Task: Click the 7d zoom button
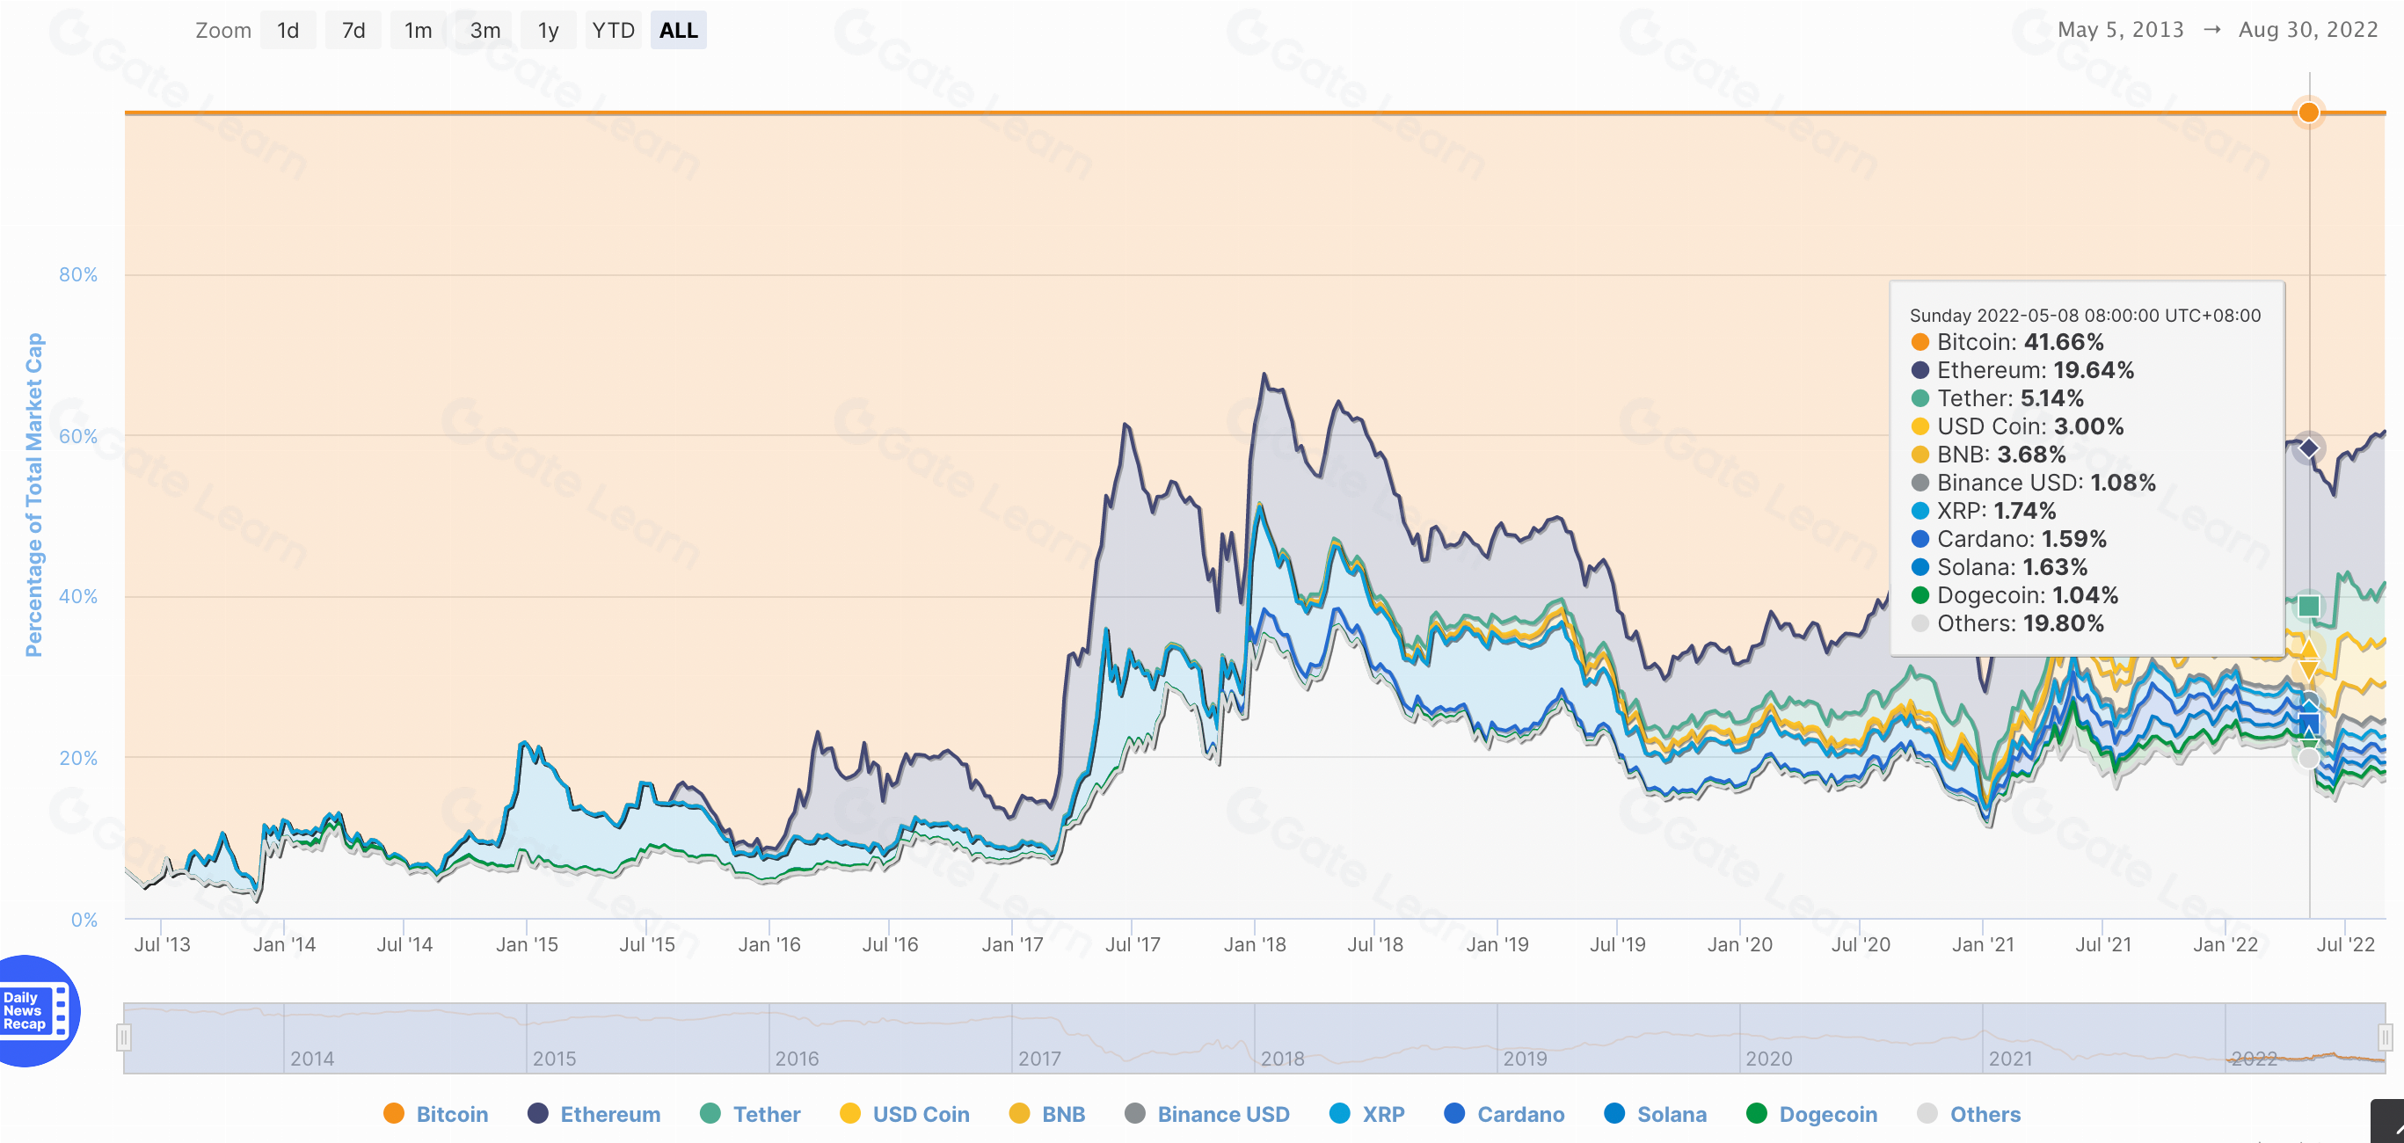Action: pyautogui.click(x=353, y=31)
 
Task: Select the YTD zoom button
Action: pyautogui.click(x=613, y=31)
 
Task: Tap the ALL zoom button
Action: pyautogui.click(x=679, y=31)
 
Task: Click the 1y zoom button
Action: pyautogui.click(x=548, y=31)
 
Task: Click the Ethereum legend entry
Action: pyautogui.click(x=594, y=1114)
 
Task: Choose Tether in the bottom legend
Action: pyautogui.click(x=750, y=1114)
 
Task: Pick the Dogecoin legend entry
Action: pyautogui.click(x=1811, y=1114)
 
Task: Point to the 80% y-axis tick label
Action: pyautogui.click(x=78, y=274)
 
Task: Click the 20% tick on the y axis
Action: pyautogui.click(x=78, y=758)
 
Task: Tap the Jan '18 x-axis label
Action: pyautogui.click(x=1254, y=944)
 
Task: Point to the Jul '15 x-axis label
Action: pyautogui.click(x=647, y=944)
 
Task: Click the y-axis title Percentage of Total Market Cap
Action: pyautogui.click(x=33, y=494)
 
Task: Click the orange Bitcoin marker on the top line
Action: pyautogui.click(x=2309, y=113)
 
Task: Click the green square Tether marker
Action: pyautogui.click(x=2309, y=607)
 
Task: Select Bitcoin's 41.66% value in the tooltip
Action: pyautogui.click(x=2064, y=342)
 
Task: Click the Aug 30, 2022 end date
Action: pyautogui.click(x=2308, y=30)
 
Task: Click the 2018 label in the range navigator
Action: pyautogui.click(x=1282, y=1058)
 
